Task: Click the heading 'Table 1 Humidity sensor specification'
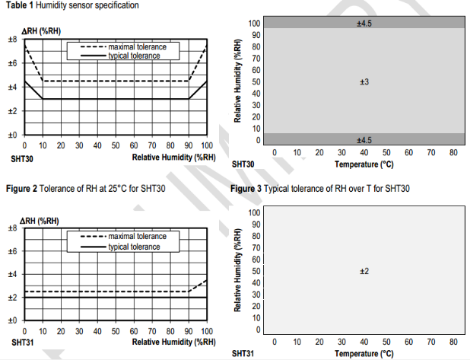(x=69, y=6)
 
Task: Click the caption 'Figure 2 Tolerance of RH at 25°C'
(x=84, y=188)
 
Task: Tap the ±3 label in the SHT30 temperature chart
(x=364, y=81)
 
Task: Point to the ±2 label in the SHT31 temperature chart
(x=364, y=271)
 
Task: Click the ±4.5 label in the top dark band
(x=364, y=24)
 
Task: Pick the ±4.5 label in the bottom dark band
(x=364, y=140)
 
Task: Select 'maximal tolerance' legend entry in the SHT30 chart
(x=132, y=47)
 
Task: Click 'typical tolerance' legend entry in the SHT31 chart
(x=132, y=247)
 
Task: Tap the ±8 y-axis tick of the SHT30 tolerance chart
(x=13, y=40)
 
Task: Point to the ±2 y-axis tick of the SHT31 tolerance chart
(x=13, y=298)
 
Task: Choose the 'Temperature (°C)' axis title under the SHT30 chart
(x=364, y=164)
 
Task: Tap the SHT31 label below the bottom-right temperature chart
(x=243, y=354)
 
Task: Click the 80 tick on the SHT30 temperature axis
(x=453, y=152)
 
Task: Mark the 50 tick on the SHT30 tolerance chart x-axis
(x=116, y=146)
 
